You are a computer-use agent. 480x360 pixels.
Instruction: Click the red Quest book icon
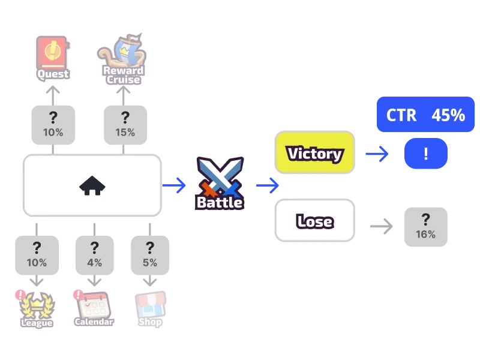[x=53, y=58]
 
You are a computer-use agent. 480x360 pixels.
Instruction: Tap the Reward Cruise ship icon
[x=122, y=59]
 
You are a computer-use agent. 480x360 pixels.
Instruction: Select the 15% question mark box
[x=125, y=125]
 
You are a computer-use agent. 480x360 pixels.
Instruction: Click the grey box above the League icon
[x=37, y=255]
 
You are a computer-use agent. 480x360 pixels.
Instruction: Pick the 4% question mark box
[x=95, y=255]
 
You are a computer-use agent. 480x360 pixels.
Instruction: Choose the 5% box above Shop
[x=150, y=255]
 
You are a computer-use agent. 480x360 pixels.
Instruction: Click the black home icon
[x=92, y=185]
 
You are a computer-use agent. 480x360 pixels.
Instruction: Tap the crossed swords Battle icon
[x=220, y=184]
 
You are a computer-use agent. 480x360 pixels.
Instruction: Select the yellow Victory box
[x=314, y=152]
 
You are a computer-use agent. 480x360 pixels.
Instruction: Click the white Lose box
[x=314, y=220]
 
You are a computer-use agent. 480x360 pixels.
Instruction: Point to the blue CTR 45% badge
[x=425, y=115]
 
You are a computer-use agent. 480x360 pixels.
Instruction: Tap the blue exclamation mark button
[x=426, y=154]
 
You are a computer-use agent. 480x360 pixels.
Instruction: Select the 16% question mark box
[x=426, y=227]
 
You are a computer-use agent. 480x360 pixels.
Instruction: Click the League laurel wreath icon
[x=37, y=309]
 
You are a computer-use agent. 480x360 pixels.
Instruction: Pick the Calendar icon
[x=93, y=308]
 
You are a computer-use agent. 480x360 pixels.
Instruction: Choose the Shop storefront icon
[x=150, y=309]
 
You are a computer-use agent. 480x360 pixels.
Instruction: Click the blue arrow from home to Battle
[x=174, y=185]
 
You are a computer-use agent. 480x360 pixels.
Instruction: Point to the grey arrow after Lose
[x=382, y=227]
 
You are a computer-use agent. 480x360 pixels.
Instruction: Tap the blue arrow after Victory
[x=377, y=154]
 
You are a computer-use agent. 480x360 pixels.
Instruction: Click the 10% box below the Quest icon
[x=53, y=125]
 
